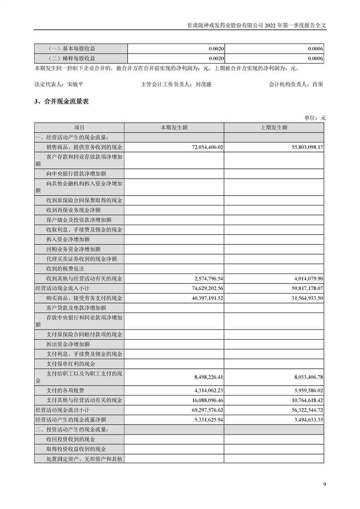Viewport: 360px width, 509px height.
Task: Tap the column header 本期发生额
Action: tap(174, 127)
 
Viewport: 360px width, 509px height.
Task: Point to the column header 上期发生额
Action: tap(274, 127)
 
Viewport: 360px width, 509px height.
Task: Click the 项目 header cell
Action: tap(79, 127)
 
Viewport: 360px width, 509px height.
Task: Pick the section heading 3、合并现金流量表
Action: tap(61, 101)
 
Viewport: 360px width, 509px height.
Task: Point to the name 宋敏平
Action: tap(75, 84)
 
